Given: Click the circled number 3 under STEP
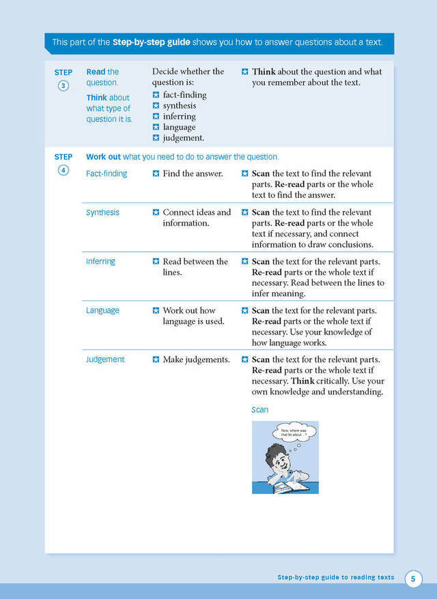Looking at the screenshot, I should pos(64,86).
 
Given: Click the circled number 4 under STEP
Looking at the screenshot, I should pos(64,171).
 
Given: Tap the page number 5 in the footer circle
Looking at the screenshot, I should pos(414,579).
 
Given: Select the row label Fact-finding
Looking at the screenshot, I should pos(107,173).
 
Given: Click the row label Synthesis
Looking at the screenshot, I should pos(102,212).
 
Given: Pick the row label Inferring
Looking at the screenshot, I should pos(100,261).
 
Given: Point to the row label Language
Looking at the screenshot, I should pos(102,310).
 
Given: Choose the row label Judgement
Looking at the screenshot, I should pos(105,360).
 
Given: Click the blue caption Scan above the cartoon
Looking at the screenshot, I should pos(259,410).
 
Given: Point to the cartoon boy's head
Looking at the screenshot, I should pos(276,458).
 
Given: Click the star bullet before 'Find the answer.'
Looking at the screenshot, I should pos(156,173).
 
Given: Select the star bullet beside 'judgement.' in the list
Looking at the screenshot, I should pos(156,138).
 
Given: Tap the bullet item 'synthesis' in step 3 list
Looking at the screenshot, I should pos(179,106).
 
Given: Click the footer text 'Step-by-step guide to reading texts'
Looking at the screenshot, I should pos(335,577).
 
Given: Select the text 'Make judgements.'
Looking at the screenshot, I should pos(196,360).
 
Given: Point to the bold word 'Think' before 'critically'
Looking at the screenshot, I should pos(303,381).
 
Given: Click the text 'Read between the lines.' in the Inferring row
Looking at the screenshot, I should pos(195,267).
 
